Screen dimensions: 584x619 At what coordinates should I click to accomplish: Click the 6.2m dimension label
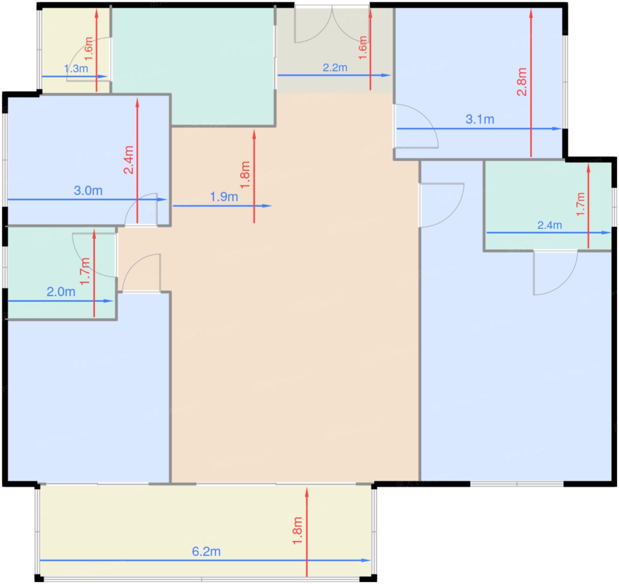point(206,551)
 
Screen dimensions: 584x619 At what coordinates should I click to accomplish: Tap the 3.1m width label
point(480,119)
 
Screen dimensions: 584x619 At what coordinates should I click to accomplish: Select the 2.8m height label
point(522,82)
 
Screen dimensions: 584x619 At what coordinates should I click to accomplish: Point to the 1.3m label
point(76,68)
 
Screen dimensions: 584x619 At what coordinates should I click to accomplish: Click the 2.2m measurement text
point(335,68)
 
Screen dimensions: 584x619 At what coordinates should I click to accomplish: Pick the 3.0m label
point(88,191)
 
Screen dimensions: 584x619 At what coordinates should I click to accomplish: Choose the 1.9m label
point(224,197)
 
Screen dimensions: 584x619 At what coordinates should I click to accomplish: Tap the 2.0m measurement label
point(61,292)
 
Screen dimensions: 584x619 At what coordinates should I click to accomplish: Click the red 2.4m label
point(128,160)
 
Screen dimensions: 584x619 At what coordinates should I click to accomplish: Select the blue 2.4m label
point(550,225)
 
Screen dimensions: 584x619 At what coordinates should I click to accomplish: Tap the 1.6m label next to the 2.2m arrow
point(363,48)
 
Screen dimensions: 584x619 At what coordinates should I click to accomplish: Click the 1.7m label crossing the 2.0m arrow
point(85,271)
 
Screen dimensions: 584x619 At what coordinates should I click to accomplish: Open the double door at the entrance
point(332,24)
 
